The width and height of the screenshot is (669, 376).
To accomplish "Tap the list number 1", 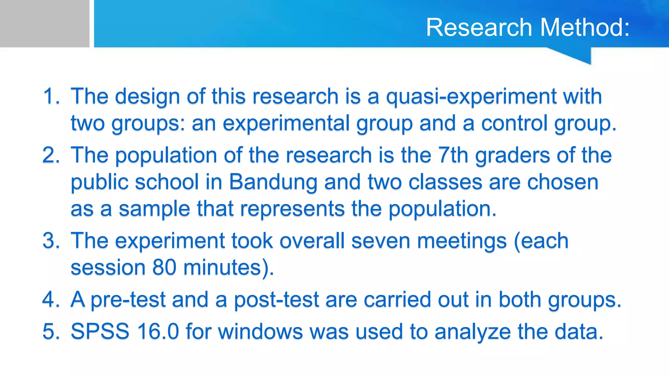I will [x=51, y=97].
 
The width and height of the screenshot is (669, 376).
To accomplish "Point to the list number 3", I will [x=51, y=241].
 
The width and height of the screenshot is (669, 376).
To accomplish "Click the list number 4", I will [x=51, y=299].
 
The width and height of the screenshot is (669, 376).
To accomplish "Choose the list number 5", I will [x=51, y=332].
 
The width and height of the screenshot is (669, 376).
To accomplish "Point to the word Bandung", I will [x=273, y=182].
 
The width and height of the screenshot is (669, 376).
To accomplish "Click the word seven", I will [x=381, y=241].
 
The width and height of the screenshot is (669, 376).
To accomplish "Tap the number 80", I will [x=164, y=267].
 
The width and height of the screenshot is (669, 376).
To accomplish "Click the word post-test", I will [x=276, y=300].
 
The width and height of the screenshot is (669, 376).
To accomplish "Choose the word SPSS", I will [x=100, y=332].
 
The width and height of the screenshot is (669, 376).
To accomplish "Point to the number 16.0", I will [x=158, y=332].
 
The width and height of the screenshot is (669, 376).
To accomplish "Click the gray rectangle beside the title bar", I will [x=44, y=23].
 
